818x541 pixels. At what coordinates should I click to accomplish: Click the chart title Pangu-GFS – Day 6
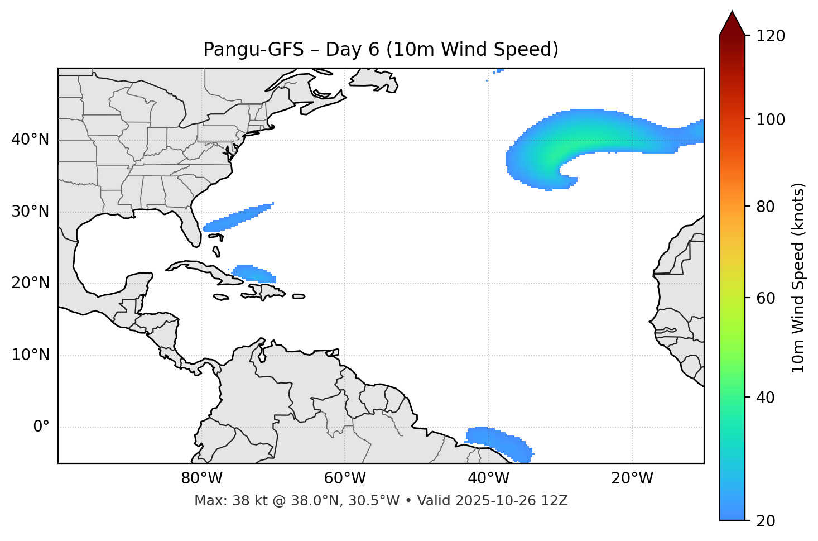point(381,50)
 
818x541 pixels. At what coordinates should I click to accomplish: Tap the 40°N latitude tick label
point(30,140)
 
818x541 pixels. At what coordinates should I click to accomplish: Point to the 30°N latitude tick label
point(30,212)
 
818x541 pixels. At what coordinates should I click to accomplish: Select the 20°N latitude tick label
point(30,283)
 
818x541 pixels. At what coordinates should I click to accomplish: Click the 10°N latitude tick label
point(30,355)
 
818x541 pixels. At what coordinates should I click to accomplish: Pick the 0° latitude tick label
point(41,427)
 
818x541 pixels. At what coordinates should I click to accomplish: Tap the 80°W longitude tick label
point(201,478)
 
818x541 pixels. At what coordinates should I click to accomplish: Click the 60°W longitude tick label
point(345,478)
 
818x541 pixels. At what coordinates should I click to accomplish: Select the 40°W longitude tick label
point(488,478)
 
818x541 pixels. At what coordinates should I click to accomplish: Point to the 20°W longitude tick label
point(632,478)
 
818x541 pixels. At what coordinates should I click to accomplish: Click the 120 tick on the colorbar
point(771,36)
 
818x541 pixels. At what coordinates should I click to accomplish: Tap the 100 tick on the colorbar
point(771,119)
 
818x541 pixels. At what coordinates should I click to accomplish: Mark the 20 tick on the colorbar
point(766,521)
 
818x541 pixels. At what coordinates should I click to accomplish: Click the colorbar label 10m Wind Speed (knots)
point(798,277)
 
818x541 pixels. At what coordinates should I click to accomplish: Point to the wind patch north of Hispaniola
point(254,274)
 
